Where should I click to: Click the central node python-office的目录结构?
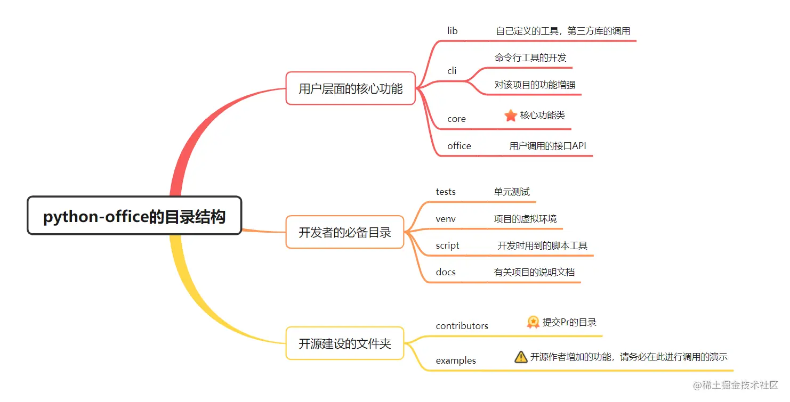click(x=134, y=216)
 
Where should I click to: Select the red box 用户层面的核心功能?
click(x=350, y=88)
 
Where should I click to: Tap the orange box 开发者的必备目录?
click(x=344, y=232)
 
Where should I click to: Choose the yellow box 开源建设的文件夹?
click(x=344, y=343)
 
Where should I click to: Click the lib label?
click(x=452, y=31)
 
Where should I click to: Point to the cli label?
click(x=452, y=71)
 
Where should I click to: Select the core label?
click(x=456, y=119)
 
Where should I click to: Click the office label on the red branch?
click(x=459, y=146)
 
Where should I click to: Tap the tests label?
click(x=446, y=192)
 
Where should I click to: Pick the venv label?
click(x=446, y=219)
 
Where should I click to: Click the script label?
click(x=447, y=245)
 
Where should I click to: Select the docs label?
click(x=446, y=272)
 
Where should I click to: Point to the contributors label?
click(x=462, y=326)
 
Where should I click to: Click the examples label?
click(x=456, y=360)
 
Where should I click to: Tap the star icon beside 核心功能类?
click(x=511, y=115)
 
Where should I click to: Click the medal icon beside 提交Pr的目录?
click(x=533, y=322)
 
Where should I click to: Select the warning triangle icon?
click(x=521, y=357)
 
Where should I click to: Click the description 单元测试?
click(x=512, y=192)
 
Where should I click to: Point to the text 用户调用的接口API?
click(x=547, y=146)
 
